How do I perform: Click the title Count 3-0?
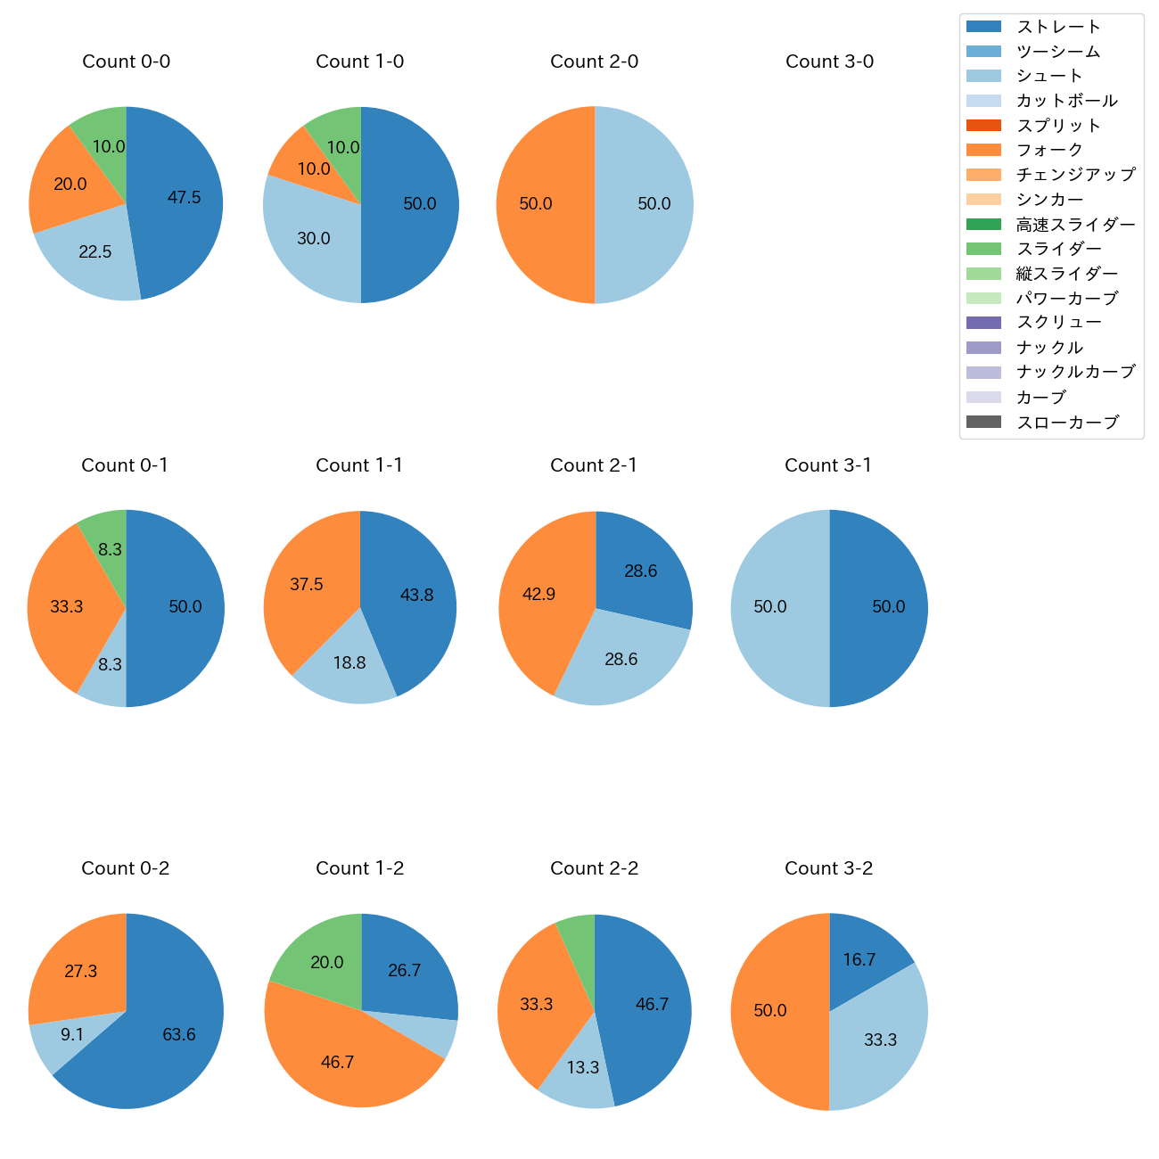(x=829, y=62)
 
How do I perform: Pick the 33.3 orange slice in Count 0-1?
(x=67, y=606)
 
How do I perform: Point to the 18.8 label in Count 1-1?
(x=349, y=663)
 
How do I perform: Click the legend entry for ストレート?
(x=1058, y=27)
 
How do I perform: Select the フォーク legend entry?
(x=1049, y=150)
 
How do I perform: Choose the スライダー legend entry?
(x=1058, y=249)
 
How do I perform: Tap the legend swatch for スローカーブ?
(x=983, y=422)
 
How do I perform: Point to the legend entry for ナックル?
(x=1049, y=348)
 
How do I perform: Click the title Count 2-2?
(x=594, y=868)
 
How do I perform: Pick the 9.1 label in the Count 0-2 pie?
(x=72, y=1035)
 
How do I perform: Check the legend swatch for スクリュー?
(x=983, y=323)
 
